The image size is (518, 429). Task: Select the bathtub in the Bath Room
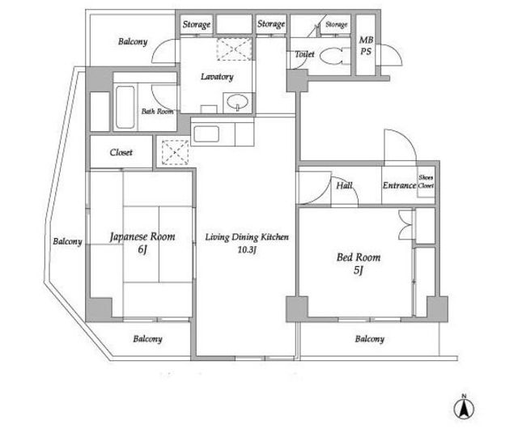coord(125,107)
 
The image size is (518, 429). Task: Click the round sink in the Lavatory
coord(237,101)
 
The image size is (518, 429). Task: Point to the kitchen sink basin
coord(206,134)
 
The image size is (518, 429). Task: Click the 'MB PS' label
coord(366,45)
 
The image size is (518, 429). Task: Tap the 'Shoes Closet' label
coord(426,181)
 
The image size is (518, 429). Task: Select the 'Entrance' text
coord(399,185)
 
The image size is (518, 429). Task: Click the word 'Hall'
coord(344,185)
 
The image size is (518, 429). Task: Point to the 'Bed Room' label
coord(359,257)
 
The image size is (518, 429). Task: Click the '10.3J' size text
coord(247,250)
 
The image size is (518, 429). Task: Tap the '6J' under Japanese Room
coord(142,249)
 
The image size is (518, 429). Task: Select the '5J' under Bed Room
coord(359,270)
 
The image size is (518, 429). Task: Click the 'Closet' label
coord(121,152)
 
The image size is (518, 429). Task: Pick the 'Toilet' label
coord(304,54)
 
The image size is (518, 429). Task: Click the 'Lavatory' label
coord(217,77)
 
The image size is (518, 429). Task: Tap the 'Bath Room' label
coord(157,112)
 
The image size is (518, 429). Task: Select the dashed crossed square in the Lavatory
coord(234,49)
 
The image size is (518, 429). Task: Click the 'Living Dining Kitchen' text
coord(247,237)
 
